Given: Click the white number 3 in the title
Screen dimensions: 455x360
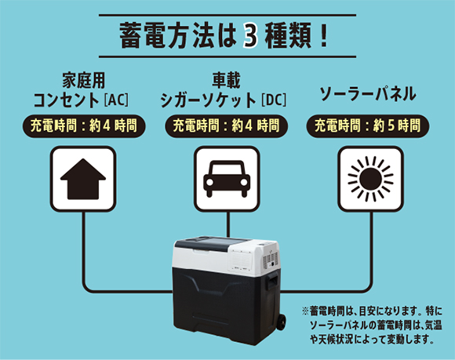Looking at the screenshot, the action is tap(249, 36).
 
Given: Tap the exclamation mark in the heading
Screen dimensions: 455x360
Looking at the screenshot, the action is tap(324, 36).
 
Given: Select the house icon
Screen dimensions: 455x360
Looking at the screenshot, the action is tap(83, 179).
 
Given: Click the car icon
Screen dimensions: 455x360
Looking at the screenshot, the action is tap(227, 179).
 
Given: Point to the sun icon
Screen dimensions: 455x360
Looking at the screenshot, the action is tap(370, 179).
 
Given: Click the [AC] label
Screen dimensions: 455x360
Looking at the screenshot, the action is tap(116, 100).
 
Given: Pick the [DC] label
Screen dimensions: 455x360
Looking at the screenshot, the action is tap(273, 100).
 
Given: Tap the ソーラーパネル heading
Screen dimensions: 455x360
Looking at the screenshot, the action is tap(368, 94).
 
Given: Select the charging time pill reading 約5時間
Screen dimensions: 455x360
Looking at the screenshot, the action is tap(368, 126).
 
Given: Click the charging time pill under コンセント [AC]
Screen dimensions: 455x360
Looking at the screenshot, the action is tap(84, 126).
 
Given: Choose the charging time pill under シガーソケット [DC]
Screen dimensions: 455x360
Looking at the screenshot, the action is tap(227, 126).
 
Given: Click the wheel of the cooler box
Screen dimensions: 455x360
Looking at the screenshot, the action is tap(280, 322).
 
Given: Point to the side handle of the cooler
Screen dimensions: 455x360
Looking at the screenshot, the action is tap(272, 281).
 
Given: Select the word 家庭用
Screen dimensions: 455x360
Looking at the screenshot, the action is tap(84, 80).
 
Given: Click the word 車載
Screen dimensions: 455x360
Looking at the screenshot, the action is tap(227, 80).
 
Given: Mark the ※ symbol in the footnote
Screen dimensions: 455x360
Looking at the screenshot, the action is tap(306, 311).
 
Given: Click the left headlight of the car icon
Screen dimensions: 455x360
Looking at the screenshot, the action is tap(209, 182).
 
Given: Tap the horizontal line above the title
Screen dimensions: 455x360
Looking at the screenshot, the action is tap(227, 15).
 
